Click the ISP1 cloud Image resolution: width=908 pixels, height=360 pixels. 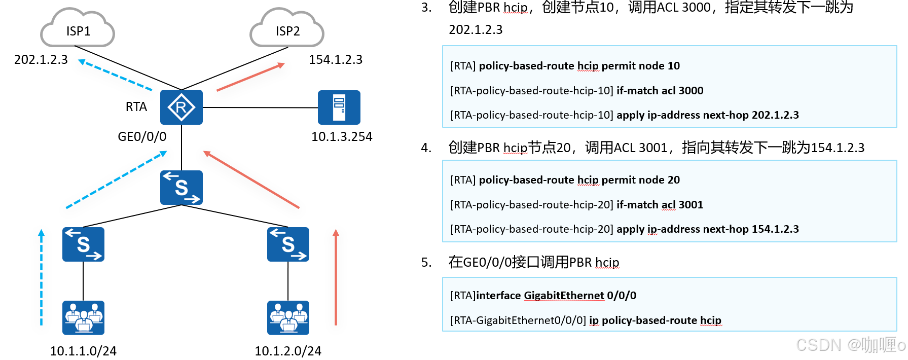[x=78, y=29]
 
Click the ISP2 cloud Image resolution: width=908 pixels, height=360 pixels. [x=287, y=29]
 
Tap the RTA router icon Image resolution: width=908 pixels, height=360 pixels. [x=181, y=107]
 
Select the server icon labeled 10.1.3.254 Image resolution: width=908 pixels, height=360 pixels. [x=339, y=107]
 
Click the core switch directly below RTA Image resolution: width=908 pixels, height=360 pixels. [x=181, y=188]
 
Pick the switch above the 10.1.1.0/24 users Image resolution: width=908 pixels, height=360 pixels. [x=83, y=244]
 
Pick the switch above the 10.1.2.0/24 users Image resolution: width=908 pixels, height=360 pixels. [x=288, y=244]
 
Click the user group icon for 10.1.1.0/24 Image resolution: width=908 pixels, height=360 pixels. [x=83, y=317]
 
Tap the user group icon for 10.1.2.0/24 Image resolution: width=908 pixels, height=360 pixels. [x=288, y=317]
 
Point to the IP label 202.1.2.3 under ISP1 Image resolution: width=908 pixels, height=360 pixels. [x=41, y=60]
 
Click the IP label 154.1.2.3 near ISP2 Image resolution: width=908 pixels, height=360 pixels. [x=336, y=60]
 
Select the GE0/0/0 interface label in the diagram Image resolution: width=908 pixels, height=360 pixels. [x=142, y=136]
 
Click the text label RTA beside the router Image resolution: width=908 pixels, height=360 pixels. [x=136, y=106]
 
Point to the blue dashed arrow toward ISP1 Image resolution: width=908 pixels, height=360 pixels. [x=115, y=75]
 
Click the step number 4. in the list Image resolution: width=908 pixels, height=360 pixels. [x=426, y=148]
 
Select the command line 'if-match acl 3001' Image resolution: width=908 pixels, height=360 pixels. [x=576, y=205]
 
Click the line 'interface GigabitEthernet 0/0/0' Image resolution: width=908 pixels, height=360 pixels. [x=543, y=296]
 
